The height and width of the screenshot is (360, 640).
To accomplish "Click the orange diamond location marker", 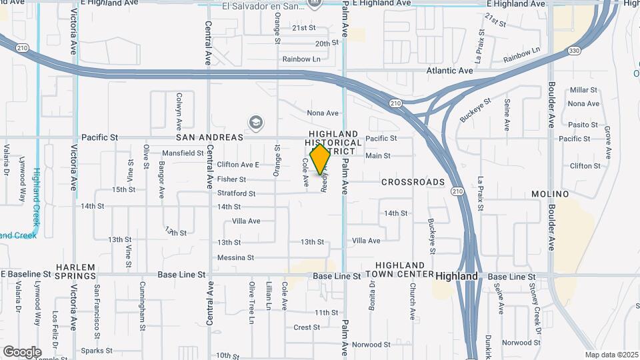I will tap(321, 159).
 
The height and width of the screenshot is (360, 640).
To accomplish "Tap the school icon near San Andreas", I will tap(255, 122).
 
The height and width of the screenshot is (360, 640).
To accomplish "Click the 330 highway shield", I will tap(574, 51).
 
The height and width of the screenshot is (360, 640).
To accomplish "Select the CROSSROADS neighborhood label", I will tap(413, 182).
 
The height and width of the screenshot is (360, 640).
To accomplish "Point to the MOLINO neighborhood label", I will tap(549, 194).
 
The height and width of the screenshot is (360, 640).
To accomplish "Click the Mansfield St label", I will tap(183, 153).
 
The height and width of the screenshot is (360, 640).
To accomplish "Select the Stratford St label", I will tap(237, 193).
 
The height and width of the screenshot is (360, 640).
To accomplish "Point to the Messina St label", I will tap(235, 257).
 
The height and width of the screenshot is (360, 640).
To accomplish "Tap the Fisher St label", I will tap(231, 179).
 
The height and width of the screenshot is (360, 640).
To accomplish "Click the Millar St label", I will tap(583, 90).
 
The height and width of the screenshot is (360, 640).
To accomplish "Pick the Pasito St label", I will tap(583, 125).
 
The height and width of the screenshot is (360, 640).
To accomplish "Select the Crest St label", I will tap(307, 327).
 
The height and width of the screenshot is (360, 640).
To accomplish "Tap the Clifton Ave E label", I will tap(237, 165).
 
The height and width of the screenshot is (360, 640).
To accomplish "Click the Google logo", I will tap(22, 351).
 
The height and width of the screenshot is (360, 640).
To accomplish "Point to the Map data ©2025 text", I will tap(611, 355).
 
